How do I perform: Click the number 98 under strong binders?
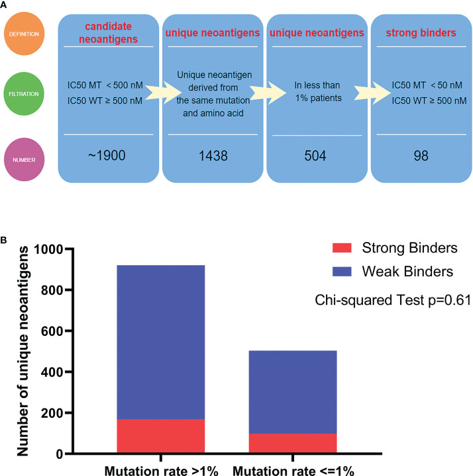click(418, 155)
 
